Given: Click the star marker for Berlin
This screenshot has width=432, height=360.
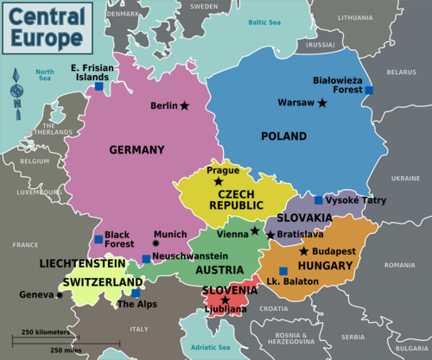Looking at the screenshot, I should (x=184, y=106).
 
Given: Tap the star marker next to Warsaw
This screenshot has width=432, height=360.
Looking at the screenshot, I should (x=322, y=103).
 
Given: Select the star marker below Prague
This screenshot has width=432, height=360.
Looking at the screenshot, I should (x=218, y=181).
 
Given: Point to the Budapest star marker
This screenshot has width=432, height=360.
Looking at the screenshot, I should (x=303, y=251).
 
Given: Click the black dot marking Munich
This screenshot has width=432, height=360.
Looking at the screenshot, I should (x=156, y=244).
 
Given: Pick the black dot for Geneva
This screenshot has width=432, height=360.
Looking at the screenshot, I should (x=60, y=295).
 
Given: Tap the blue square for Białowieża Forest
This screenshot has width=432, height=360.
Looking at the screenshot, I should (x=369, y=91).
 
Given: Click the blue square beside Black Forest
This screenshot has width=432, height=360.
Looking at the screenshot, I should (x=98, y=239).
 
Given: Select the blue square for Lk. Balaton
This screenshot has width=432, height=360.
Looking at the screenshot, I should (x=283, y=271).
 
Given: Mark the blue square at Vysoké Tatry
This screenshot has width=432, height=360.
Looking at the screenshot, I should (x=319, y=200).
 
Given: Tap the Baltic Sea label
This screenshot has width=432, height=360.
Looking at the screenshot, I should (x=264, y=22).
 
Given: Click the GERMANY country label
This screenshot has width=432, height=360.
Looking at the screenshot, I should (x=137, y=150).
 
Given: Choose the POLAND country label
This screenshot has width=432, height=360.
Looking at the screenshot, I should (x=283, y=136).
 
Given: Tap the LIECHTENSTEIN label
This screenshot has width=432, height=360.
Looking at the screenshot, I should (x=82, y=262).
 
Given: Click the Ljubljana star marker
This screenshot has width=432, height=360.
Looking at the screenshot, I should (x=226, y=300).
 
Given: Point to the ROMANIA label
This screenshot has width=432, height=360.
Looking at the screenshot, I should (x=400, y=264).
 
